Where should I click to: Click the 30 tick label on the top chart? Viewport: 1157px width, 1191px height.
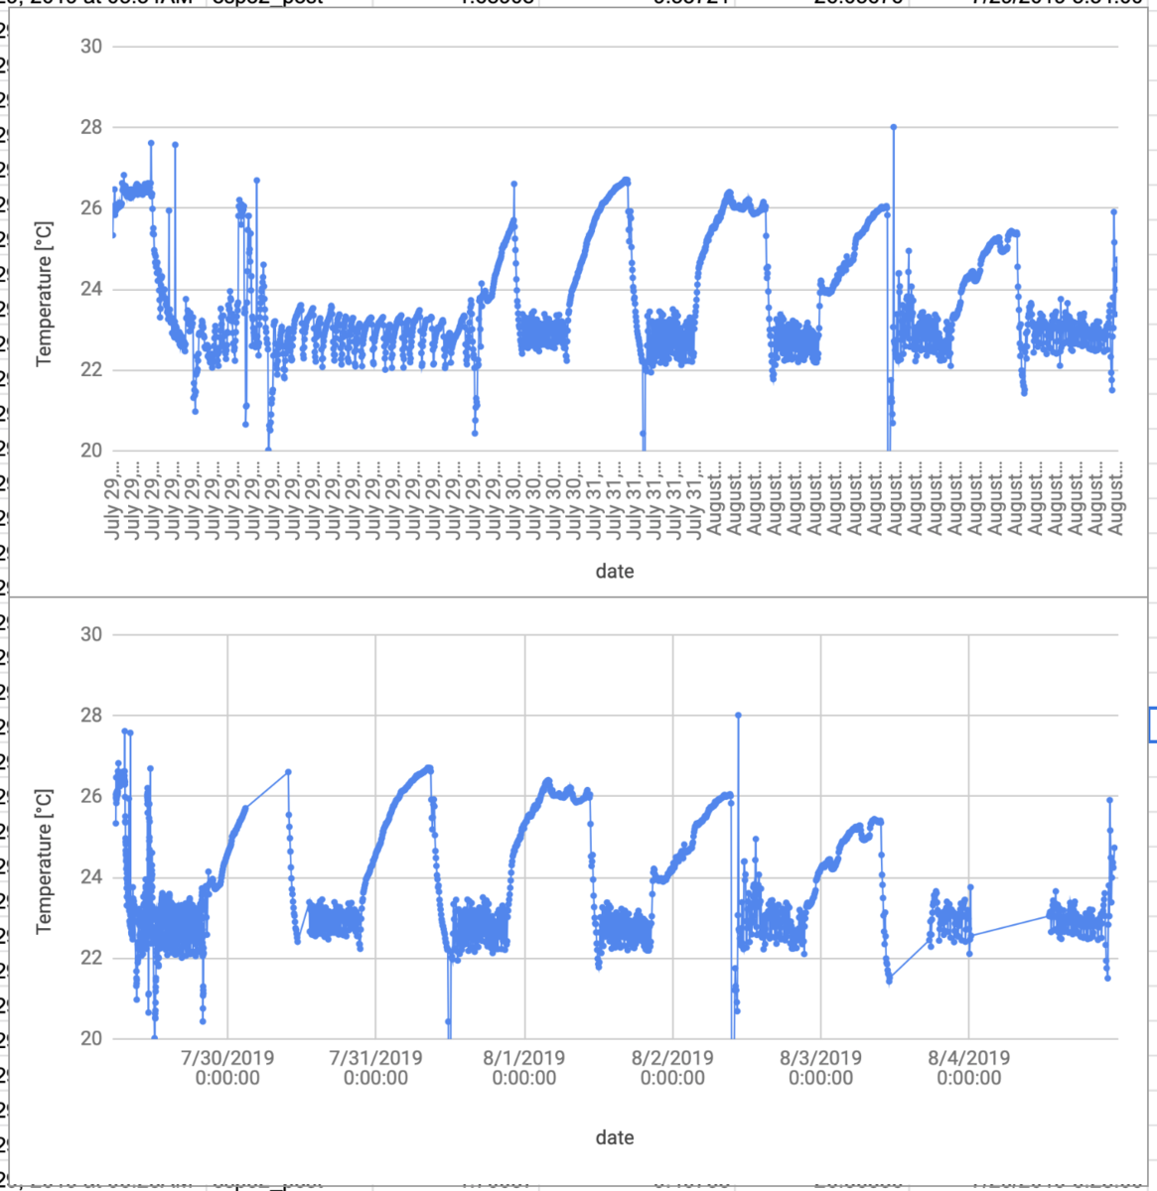click(91, 47)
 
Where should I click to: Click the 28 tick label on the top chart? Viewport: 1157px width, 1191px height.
click(91, 128)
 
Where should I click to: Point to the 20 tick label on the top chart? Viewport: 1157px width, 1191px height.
click(91, 452)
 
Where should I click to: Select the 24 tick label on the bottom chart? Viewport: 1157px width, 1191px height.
click(91, 877)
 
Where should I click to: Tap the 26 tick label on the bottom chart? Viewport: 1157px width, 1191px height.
click(91, 797)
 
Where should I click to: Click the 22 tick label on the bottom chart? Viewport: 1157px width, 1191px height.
click(91, 959)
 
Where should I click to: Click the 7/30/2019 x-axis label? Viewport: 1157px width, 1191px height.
click(227, 1068)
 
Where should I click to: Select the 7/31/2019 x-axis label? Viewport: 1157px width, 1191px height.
click(375, 1068)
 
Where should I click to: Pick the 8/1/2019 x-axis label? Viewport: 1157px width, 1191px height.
click(524, 1068)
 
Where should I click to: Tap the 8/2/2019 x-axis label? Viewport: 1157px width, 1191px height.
click(672, 1068)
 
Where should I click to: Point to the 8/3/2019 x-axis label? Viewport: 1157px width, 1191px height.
click(820, 1068)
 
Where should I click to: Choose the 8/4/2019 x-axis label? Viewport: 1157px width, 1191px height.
click(968, 1068)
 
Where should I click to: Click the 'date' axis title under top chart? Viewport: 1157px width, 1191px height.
click(614, 572)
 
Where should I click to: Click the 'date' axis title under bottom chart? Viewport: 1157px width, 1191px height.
click(614, 1138)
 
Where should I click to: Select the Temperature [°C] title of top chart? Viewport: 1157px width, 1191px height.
click(44, 294)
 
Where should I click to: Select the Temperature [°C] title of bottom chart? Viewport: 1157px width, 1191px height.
click(44, 861)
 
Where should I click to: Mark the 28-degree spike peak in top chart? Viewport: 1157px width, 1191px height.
click(894, 127)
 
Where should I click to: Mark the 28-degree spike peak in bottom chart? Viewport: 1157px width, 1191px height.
click(738, 715)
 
